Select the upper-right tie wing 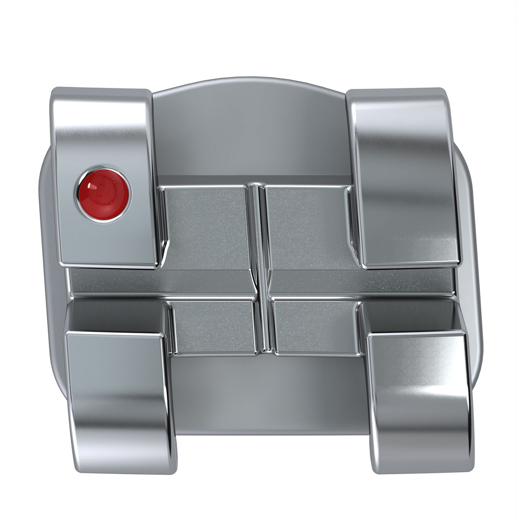pyautogui.click(x=404, y=178)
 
